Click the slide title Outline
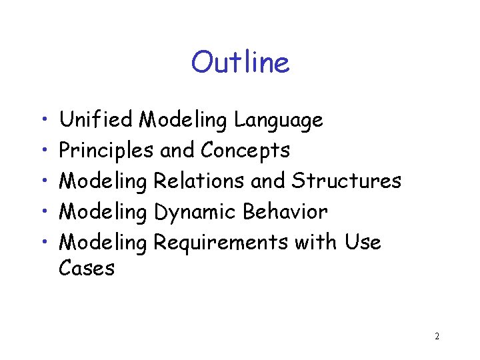(240, 63)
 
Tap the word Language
(279, 121)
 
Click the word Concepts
(245, 151)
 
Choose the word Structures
(347, 181)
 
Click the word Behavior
(285, 211)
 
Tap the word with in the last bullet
(316, 242)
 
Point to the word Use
(363, 242)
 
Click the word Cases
(87, 269)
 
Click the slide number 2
(437, 337)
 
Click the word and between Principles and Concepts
(177, 151)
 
